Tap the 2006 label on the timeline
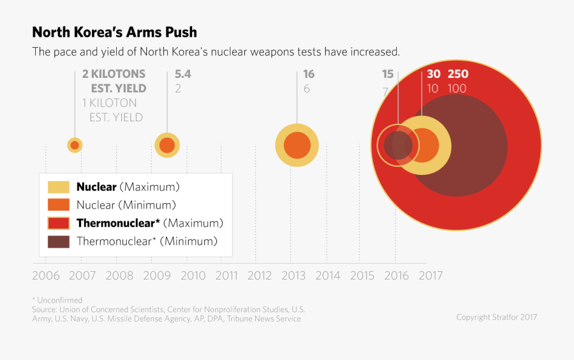46,276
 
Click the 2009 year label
157,276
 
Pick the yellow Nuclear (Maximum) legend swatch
59,187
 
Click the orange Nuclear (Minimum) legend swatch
59,205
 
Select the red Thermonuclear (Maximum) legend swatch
59,223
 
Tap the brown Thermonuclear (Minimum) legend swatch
59,241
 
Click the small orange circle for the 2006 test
75,146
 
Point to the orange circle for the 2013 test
297,146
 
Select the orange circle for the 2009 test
167,146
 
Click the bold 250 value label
458,74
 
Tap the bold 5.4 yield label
183,74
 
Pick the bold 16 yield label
309,74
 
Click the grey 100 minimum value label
457,89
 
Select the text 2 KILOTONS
114,74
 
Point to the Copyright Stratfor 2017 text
496,317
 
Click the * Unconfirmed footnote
57,300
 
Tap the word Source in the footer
45,310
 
